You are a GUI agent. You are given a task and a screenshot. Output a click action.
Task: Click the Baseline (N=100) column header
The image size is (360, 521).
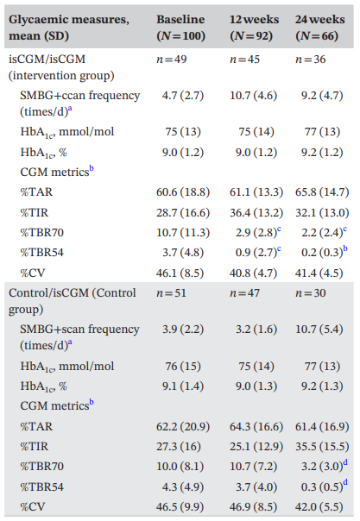click(180, 28)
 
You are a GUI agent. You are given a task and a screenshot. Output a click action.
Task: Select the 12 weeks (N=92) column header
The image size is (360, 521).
click(254, 28)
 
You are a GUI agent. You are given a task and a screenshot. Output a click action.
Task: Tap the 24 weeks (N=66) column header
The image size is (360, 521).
click(319, 28)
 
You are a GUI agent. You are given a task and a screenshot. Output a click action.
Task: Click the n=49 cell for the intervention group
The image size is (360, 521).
click(172, 60)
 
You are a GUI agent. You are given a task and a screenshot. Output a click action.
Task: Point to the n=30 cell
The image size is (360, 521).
click(311, 293)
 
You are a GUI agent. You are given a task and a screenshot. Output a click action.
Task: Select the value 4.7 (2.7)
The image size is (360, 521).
click(183, 96)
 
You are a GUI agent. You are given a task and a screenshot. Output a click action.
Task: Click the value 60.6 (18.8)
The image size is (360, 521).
click(183, 192)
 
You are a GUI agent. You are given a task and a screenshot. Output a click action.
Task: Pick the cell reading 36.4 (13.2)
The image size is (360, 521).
click(256, 213)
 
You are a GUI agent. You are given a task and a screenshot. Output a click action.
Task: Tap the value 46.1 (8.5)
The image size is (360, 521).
click(180, 273)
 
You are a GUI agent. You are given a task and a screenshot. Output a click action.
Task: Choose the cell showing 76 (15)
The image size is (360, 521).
click(183, 366)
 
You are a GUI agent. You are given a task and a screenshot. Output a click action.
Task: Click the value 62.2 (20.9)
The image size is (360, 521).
click(183, 427)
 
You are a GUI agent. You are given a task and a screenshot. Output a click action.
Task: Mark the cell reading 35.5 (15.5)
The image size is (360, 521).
click(322, 447)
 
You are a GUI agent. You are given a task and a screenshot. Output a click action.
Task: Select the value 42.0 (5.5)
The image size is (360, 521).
click(319, 507)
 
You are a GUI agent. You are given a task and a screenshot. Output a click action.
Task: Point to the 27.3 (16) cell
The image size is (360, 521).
click(179, 447)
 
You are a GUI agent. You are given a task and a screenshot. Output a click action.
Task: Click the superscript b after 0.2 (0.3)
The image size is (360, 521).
click(345, 248)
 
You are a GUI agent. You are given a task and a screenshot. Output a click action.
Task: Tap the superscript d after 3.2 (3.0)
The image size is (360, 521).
click(345, 462)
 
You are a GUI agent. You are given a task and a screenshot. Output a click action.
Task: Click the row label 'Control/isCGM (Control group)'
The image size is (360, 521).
click(73, 301)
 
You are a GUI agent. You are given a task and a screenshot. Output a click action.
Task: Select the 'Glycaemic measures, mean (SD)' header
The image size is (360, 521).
click(69, 28)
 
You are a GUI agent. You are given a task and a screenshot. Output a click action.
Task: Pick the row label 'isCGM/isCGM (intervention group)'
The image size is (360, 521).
click(61, 67)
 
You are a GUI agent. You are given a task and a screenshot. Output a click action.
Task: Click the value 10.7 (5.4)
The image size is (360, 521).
click(319, 330)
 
